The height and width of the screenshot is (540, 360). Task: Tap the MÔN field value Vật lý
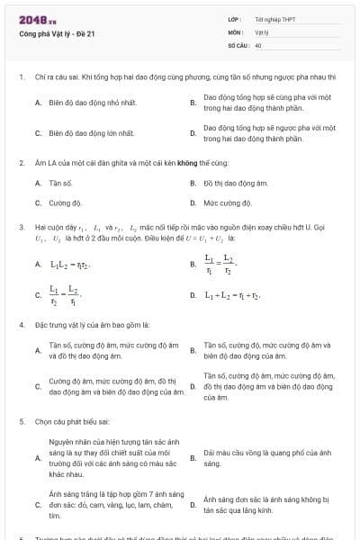click(x=262, y=31)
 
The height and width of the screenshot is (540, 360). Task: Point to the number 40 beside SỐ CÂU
click(x=258, y=44)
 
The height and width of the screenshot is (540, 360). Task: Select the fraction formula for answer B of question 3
click(x=219, y=265)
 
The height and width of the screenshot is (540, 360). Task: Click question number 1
click(x=22, y=77)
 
